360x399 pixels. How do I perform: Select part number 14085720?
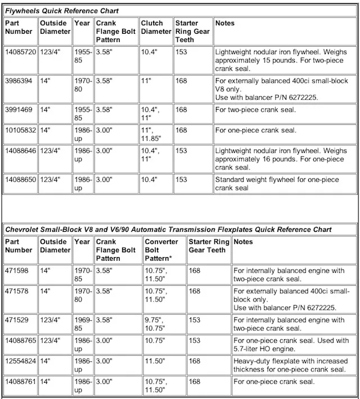coord(21,51)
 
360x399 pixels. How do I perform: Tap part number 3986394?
coord(19,80)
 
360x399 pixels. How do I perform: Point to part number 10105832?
coord(21,131)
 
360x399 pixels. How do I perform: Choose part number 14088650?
coord(21,180)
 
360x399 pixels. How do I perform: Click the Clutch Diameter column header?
coord(155,28)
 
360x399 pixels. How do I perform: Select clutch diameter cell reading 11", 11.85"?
coord(154,135)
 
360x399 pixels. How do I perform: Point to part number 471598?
coord(16,271)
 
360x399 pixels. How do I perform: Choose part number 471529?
coord(16,320)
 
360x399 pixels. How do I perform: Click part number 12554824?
coord(21,361)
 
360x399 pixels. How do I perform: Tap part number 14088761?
coord(21,382)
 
